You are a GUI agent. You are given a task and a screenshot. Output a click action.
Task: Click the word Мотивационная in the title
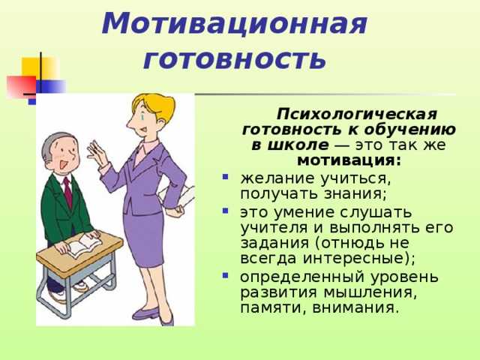(x=235, y=24)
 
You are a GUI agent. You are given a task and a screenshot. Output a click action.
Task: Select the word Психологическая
(x=357, y=115)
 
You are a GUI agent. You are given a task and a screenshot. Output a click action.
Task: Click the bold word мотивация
(x=349, y=160)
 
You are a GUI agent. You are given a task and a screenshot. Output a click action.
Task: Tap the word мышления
(x=370, y=292)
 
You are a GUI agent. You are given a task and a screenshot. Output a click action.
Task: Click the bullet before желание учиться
(x=226, y=177)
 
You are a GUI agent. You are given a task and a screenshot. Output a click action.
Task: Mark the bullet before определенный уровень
(x=226, y=275)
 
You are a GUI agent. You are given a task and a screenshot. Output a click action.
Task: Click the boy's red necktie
(x=68, y=192)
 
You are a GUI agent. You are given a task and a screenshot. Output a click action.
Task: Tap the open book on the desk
(x=83, y=245)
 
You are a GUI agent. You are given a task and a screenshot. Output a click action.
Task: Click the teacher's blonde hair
(x=155, y=106)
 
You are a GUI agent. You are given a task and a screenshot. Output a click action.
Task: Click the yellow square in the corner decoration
(x=40, y=68)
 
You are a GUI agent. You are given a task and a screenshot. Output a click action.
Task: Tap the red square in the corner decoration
(x=22, y=87)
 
